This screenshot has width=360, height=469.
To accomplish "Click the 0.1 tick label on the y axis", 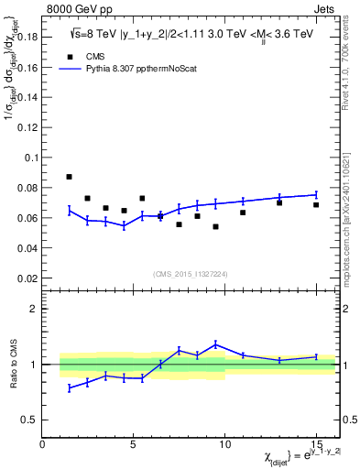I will pos(32,158).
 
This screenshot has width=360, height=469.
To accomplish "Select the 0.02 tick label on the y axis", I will pos(29,278).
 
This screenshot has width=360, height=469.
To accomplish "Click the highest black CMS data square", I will pos(70,177).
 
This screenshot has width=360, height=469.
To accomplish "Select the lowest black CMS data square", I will pos(215,226).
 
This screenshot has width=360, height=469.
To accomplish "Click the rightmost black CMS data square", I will pos(316,204).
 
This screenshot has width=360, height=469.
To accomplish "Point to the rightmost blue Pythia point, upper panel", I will pos(316,194).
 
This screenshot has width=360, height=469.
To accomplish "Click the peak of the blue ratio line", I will pos(215,344).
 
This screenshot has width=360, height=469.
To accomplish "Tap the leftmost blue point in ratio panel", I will pos(70,388).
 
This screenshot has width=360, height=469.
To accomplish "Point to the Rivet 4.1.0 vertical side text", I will pos(352,73).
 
